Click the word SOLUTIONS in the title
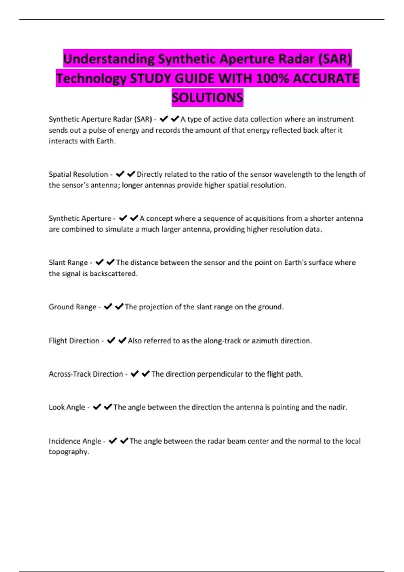pos(207,98)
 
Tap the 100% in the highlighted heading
pos(272,78)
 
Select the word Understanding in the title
pos(109,59)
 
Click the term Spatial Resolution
pos(78,174)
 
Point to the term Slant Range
pos(68,262)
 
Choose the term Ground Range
pos(72,307)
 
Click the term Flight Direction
pos(74,341)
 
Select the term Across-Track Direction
pos(86,374)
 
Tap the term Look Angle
pos(67,407)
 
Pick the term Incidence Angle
pos(75,441)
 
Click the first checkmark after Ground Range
pos(108,307)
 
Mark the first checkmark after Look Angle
pos(97,407)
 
